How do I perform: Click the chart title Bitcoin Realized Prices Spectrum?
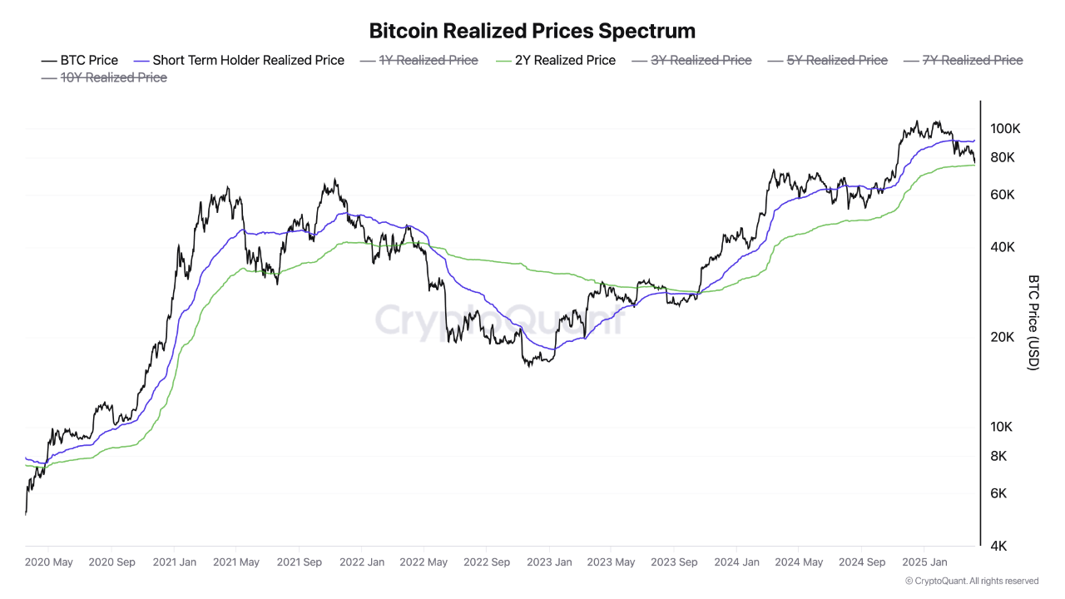pyautogui.click(x=532, y=32)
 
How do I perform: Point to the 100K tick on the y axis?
pyautogui.click(x=1005, y=129)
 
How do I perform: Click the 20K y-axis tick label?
pyautogui.click(x=1002, y=338)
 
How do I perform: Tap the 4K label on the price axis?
pyautogui.click(x=998, y=547)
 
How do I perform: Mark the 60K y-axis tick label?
pyautogui.click(x=1002, y=195)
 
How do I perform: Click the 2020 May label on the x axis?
pyautogui.click(x=49, y=562)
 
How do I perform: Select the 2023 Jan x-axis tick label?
pyautogui.click(x=549, y=562)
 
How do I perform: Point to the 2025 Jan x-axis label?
pyautogui.click(x=924, y=562)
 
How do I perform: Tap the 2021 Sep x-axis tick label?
pyautogui.click(x=300, y=562)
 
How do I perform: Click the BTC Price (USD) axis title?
pyautogui.click(x=1033, y=323)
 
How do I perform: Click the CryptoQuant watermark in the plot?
pyautogui.click(x=499, y=320)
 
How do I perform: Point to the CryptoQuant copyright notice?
pyautogui.click(x=972, y=581)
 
